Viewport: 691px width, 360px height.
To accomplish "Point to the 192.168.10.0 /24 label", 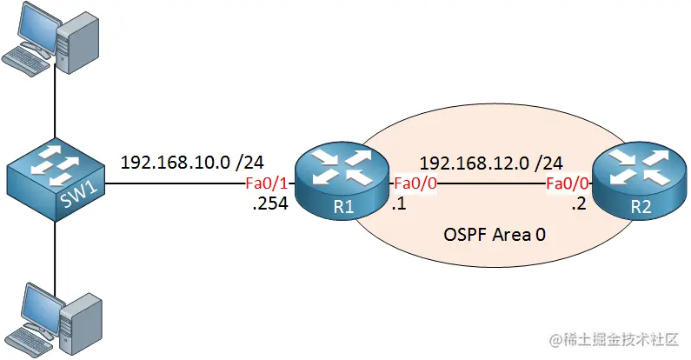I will pos(192,161).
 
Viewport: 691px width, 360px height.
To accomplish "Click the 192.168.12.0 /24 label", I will pos(491,161).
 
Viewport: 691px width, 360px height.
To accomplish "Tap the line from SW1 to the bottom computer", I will pos(55,252).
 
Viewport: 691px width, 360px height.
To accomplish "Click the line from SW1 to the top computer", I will pos(55,104).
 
